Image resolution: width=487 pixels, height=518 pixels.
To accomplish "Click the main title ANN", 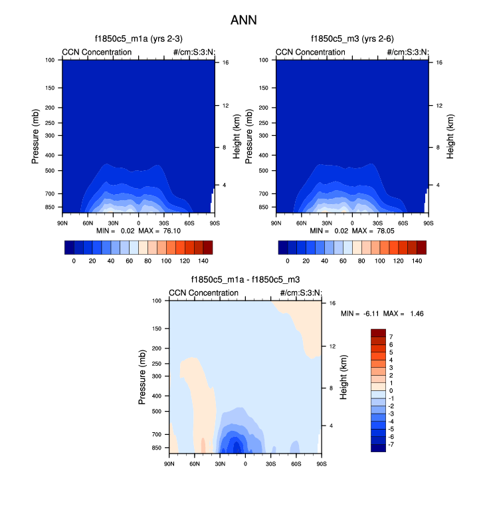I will coord(243,21).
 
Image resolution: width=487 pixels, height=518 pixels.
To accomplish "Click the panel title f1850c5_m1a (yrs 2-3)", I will coord(138,39).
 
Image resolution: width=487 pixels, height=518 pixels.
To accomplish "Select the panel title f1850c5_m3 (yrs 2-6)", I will coord(352,39).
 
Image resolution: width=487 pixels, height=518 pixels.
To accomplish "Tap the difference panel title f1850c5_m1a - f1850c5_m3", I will coord(245,280).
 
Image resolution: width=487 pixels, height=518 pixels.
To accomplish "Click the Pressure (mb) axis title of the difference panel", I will coord(142,377).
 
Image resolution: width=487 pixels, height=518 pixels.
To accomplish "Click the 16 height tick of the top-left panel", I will coord(226,63).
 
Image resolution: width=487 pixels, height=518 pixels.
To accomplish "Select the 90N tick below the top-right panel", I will coord(276,214).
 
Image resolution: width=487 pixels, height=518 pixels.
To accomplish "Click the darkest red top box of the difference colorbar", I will coord(378,332).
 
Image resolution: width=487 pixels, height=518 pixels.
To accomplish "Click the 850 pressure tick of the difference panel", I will coord(157,448).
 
